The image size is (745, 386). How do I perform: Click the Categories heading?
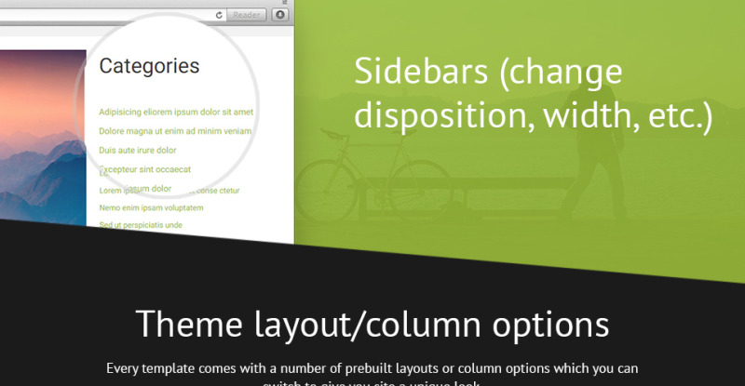click(x=149, y=66)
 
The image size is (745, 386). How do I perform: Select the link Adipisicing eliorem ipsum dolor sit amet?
click(x=176, y=112)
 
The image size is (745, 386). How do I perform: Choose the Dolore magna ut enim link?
click(x=175, y=131)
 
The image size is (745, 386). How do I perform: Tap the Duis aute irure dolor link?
click(x=138, y=150)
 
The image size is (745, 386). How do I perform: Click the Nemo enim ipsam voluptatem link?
click(x=151, y=207)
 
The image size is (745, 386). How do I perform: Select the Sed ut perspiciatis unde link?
click(x=141, y=225)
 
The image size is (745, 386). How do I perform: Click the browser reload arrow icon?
click(x=219, y=15)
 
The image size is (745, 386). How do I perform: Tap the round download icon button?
click(x=279, y=15)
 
